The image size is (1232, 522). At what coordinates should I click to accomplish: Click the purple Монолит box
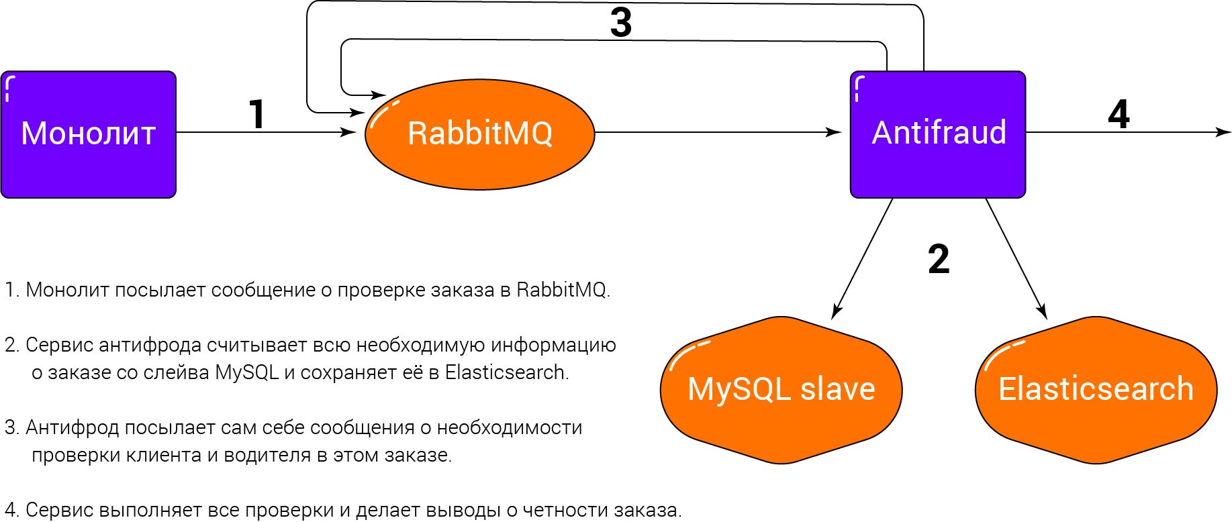pos(89,134)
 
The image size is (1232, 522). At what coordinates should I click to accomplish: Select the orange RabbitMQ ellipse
pos(480,134)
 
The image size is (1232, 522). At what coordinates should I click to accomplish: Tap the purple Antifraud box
pos(938,134)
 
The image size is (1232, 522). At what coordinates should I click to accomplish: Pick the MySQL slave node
pos(781,390)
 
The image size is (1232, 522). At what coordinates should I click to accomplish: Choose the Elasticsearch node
pos(1096,390)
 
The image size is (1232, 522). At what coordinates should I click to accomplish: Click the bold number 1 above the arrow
pos(257,113)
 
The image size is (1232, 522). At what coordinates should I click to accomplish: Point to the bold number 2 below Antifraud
pos(939,259)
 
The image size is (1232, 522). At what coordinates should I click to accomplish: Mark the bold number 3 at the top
pos(621,22)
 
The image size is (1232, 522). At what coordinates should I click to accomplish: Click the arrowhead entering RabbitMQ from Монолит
pos(349,132)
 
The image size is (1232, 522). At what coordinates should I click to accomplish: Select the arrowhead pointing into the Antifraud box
pos(834,132)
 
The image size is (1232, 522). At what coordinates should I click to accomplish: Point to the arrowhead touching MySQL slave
pos(836,311)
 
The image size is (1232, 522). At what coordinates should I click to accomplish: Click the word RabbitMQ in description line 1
pos(561,290)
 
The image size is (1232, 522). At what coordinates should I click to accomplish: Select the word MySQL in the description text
pos(246,372)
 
